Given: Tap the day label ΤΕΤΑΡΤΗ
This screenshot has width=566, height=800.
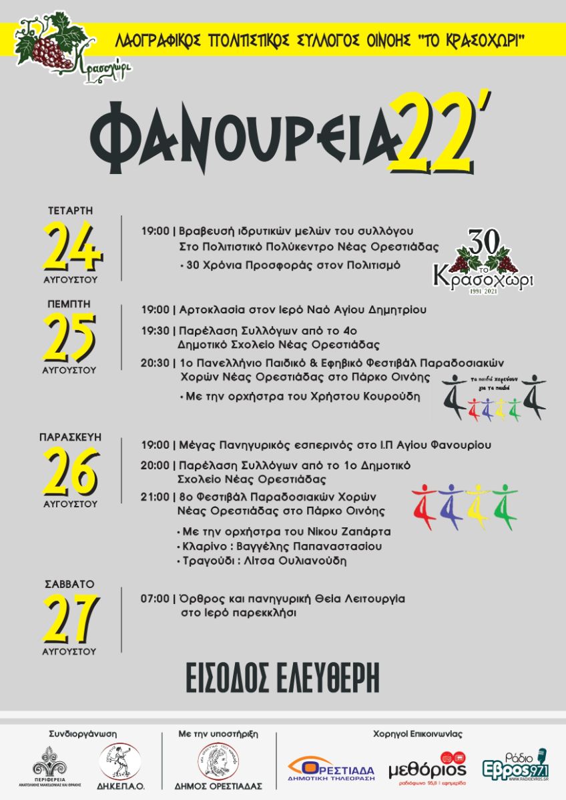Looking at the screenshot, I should click(x=70, y=211).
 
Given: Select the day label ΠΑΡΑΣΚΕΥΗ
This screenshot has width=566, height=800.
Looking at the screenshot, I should click(x=70, y=437).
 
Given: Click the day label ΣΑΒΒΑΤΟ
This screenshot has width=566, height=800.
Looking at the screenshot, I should click(x=70, y=584).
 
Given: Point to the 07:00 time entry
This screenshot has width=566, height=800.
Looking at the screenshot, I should click(x=155, y=599).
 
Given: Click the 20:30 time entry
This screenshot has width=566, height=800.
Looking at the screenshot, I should click(x=155, y=363).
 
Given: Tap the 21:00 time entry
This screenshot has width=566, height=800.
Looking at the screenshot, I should click(x=155, y=497).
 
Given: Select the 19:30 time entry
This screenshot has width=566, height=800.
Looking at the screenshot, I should click(x=155, y=330).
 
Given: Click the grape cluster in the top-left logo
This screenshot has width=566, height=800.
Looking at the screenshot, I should click(x=50, y=51).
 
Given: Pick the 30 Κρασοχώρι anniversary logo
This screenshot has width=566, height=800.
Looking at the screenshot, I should click(x=483, y=260).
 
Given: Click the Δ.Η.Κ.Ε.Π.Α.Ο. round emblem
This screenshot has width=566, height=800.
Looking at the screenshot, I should click(x=120, y=761).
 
